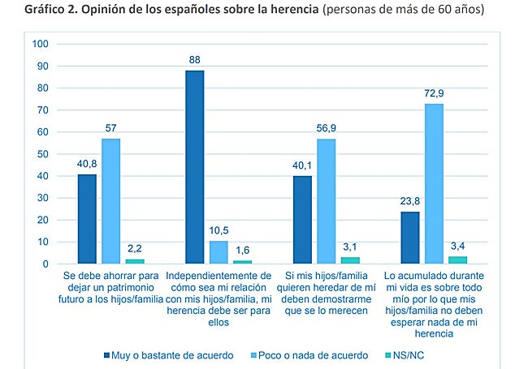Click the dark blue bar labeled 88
point(194,167)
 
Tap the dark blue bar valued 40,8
point(87,219)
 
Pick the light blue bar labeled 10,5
point(218,252)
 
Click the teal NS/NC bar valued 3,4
point(457,260)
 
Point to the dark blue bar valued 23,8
point(410,238)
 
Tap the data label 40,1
point(302,167)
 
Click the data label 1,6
point(242,251)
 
